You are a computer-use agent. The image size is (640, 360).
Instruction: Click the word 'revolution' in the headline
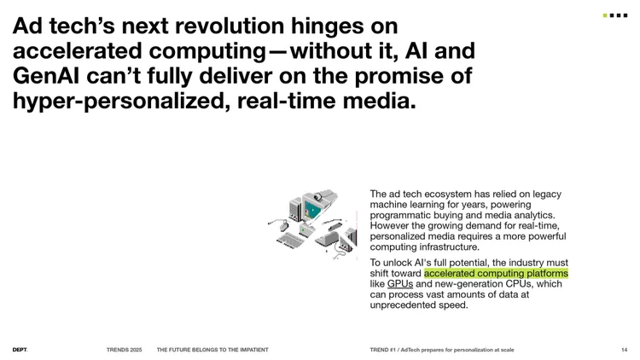click(230, 26)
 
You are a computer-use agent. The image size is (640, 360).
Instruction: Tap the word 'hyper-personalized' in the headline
click(119, 101)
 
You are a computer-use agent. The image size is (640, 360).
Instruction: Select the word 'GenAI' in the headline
click(46, 76)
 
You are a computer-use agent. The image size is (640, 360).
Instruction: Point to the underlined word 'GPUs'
click(400, 284)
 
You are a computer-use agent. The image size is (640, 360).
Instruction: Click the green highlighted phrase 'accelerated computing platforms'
click(496, 273)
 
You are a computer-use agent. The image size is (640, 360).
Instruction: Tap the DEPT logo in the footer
click(20, 350)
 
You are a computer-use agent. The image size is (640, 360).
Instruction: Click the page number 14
click(624, 350)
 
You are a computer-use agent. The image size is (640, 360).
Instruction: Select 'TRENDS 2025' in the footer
click(124, 350)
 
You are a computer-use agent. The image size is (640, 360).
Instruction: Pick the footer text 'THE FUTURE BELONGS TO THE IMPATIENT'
click(212, 350)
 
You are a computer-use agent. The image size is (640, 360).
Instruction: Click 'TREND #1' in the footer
click(383, 350)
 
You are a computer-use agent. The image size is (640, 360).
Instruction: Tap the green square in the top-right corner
click(605, 15)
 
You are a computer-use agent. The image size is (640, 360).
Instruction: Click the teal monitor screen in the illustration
click(312, 210)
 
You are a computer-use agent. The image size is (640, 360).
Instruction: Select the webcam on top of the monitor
click(318, 197)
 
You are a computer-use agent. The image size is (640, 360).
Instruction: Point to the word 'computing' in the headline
click(207, 51)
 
